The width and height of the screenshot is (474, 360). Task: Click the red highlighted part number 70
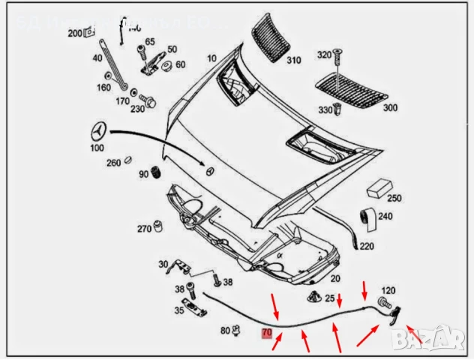point(265,332)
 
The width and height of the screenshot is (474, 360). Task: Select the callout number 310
point(292,60)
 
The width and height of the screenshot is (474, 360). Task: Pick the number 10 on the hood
point(211,58)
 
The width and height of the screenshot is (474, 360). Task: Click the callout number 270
point(144,229)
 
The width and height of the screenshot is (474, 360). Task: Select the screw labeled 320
point(337,55)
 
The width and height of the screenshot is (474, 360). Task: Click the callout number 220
point(367,245)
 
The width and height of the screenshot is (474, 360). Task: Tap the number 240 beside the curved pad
point(385,217)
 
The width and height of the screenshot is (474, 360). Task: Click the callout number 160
point(103,87)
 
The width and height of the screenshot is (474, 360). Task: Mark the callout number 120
point(388,289)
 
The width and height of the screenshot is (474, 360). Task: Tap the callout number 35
point(179,309)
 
